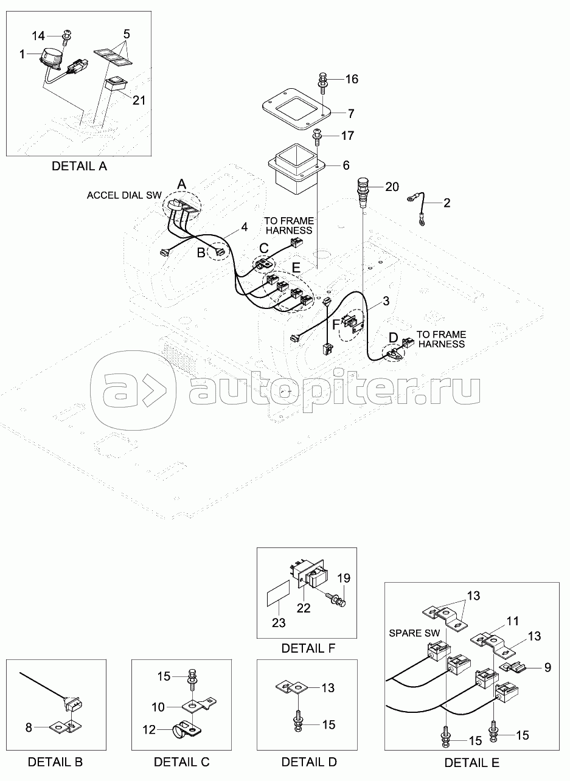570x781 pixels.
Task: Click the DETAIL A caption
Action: coord(79,166)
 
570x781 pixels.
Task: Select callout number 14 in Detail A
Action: coord(38,35)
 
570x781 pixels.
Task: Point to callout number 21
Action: coord(139,100)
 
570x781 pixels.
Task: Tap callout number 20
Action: coord(392,187)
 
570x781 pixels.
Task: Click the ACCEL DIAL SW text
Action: coord(124,195)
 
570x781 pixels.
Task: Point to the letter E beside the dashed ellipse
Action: coord(296,268)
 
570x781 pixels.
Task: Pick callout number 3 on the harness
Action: coord(386,301)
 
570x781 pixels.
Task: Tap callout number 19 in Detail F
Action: coord(344,578)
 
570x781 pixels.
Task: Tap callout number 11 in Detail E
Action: coord(512,621)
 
